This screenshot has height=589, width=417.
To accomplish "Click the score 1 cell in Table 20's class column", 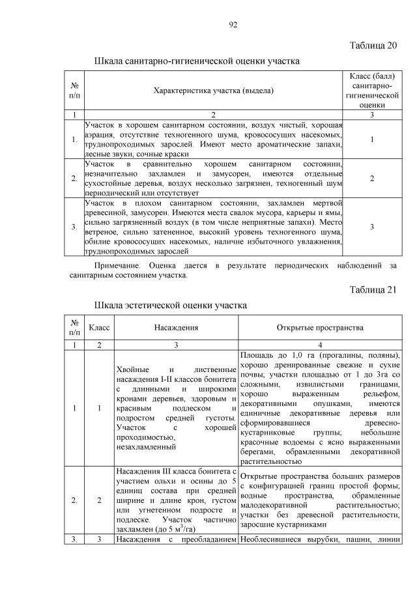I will click(x=371, y=139).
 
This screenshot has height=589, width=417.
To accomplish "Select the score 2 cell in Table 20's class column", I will click(x=371, y=178).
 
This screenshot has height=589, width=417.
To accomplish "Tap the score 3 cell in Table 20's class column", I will click(x=371, y=227).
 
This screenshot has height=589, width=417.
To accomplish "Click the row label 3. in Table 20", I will click(x=75, y=227).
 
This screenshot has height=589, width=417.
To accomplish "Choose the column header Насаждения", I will click(x=176, y=328).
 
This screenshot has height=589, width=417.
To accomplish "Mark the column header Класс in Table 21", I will click(x=99, y=328).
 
